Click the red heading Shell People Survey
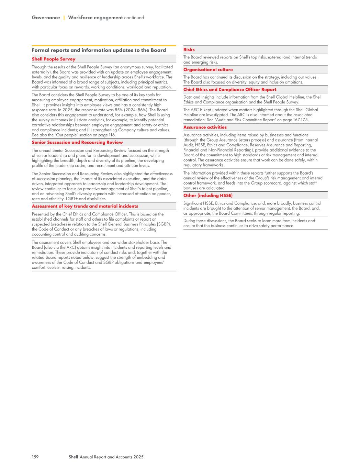click(54, 59)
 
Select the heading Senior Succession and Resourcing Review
click(77, 142)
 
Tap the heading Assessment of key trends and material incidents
click(85, 206)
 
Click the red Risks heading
click(189, 50)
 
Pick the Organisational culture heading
click(208, 70)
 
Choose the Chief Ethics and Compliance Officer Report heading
click(230, 90)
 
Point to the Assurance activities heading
click(205, 127)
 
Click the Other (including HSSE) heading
click(208, 196)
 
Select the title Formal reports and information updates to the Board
click(99, 50)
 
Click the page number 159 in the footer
click(35, 457)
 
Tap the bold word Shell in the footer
click(73, 457)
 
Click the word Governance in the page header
click(46, 18)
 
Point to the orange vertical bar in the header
click(64, 18)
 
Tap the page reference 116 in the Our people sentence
click(112, 135)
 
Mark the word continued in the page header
click(134, 18)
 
